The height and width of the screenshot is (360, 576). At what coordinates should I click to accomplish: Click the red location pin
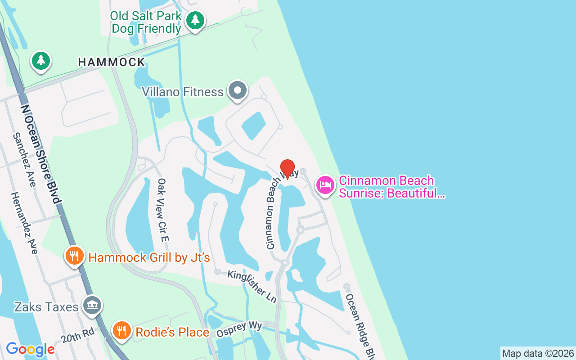point(288,168)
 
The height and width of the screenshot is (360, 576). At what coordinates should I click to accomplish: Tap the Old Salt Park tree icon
point(195,20)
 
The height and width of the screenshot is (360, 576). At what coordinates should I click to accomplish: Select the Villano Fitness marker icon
point(238,91)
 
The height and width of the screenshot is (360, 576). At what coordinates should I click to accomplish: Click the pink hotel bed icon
point(325,185)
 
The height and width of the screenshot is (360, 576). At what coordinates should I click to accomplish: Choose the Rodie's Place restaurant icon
point(121,331)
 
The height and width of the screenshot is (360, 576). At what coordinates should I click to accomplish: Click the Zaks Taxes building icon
point(92,306)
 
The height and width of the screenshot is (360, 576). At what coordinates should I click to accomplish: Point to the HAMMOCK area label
point(112,62)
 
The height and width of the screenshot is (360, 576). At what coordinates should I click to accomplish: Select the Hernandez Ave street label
point(24,223)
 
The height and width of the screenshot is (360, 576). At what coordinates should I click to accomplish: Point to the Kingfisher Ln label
point(252,286)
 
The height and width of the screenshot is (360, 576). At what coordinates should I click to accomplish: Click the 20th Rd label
point(78,335)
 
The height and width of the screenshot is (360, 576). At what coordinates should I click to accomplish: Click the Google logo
point(30,349)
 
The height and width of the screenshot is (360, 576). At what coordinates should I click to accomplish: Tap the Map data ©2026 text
point(538,354)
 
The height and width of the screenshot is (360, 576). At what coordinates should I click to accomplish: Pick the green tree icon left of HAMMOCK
point(41,60)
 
